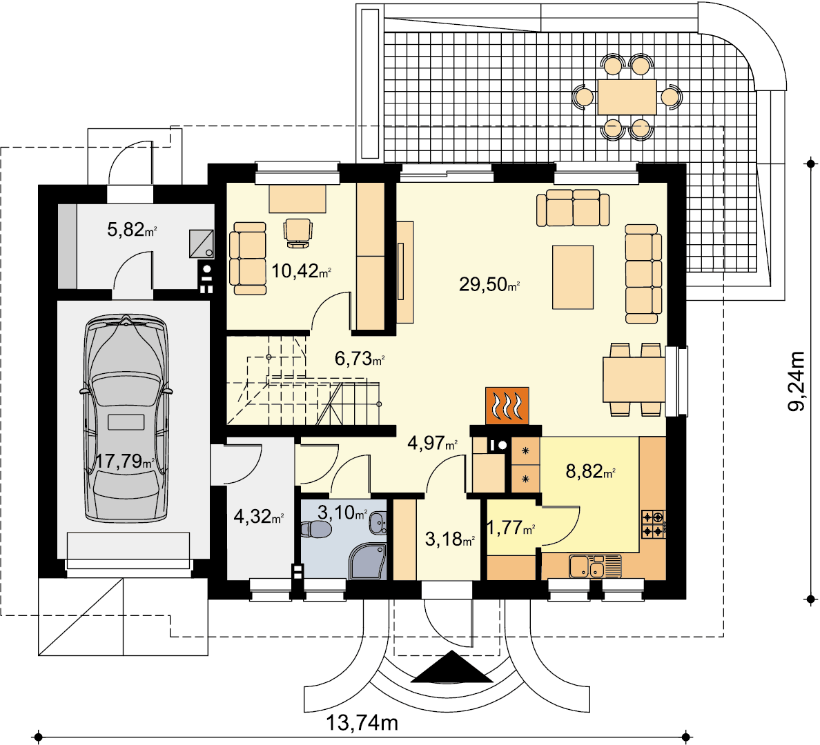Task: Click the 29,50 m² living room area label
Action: [x=489, y=284]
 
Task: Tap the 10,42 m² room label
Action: [x=301, y=271]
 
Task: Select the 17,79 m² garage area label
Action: [x=125, y=461]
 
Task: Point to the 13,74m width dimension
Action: [x=362, y=723]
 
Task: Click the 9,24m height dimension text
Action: [x=797, y=381]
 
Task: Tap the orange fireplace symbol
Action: [x=507, y=405]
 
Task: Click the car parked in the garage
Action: [x=126, y=418]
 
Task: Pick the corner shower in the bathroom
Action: [x=368, y=562]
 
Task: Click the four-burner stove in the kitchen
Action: [x=654, y=524]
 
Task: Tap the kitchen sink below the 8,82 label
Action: [x=595, y=566]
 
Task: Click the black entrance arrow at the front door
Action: [x=451, y=667]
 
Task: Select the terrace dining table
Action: [x=627, y=97]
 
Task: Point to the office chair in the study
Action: [x=298, y=232]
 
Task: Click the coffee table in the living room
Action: [x=573, y=277]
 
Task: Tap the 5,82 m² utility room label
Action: [x=132, y=229]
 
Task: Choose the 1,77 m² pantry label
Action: [x=510, y=528]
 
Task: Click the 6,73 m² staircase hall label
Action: [x=360, y=359]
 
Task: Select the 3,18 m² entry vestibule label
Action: [x=450, y=539]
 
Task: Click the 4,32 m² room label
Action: [x=258, y=517]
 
